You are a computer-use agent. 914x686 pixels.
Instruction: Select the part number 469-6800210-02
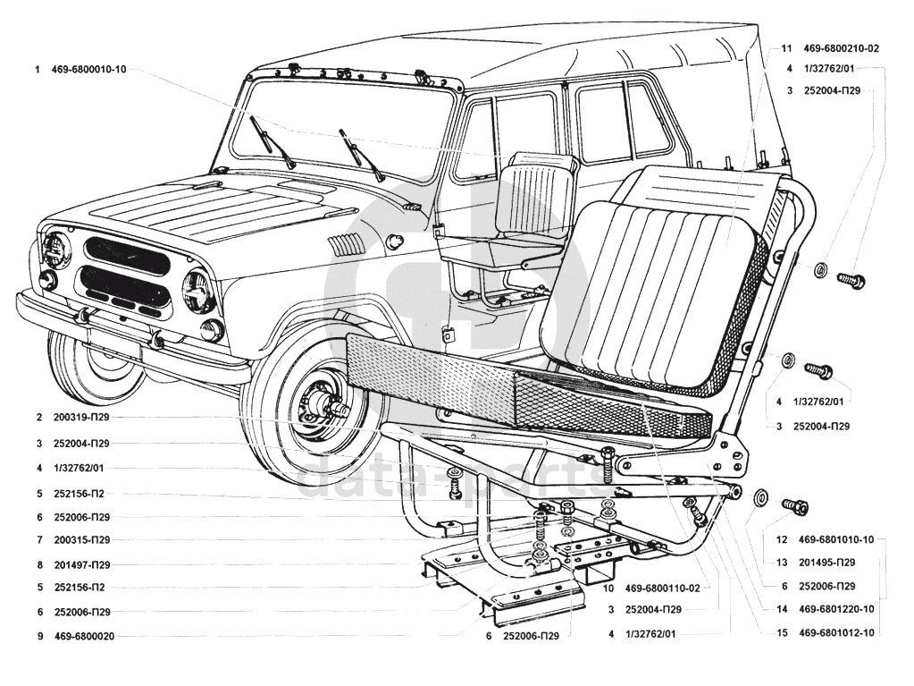pos(842,48)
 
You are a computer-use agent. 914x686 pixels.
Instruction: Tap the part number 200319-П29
pos(81,418)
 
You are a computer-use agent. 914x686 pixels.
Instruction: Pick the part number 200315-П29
pos(81,540)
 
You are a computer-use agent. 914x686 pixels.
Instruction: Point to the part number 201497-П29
pos(81,565)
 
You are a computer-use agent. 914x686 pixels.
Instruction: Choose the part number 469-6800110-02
pos(662,588)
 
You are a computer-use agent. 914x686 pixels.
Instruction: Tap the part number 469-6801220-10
pos(836,610)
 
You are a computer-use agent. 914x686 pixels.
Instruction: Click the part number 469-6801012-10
pos(836,633)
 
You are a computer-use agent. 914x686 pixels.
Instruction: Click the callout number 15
pos(781,633)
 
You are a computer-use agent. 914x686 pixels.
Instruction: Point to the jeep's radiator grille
pos(125,273)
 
